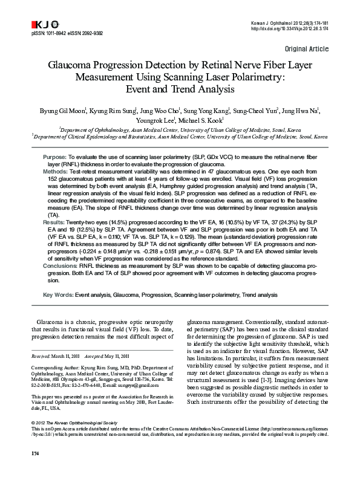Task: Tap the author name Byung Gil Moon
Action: [83, 111]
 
